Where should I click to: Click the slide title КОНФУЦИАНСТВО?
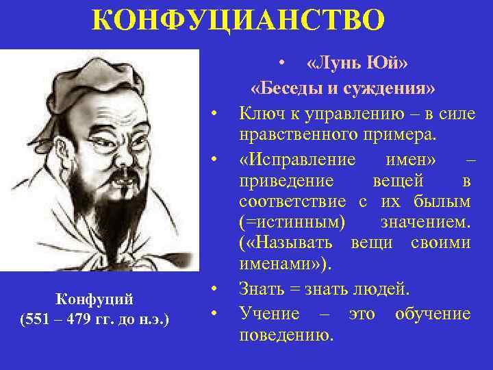(238, 20)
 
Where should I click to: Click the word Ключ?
(262, 112)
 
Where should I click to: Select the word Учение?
(269, 314)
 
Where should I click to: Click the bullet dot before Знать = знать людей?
(214, 288)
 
